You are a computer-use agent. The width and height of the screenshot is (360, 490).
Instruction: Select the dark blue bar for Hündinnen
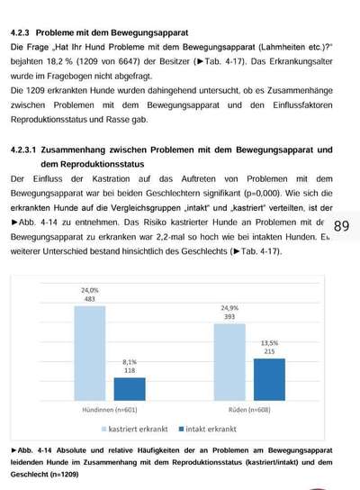tap(129, 388)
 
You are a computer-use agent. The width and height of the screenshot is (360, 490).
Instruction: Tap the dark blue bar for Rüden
tap(269, 379)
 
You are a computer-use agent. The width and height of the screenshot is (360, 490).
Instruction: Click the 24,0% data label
tap(90, 291)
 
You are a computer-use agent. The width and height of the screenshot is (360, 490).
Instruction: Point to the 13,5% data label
tap(269, 344)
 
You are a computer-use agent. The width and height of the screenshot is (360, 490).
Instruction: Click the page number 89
tap(341, 226)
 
